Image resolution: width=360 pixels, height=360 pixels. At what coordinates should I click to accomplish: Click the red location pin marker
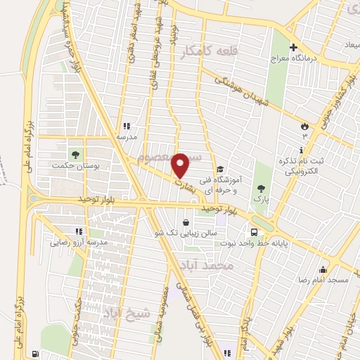pos(180,165)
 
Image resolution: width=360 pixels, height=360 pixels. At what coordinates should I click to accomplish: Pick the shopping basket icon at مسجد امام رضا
pos(323,269)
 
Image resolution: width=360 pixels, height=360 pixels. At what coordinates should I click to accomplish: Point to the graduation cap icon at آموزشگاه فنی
pos(220,169)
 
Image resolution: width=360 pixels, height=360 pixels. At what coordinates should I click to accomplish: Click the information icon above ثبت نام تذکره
pos(302,150)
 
